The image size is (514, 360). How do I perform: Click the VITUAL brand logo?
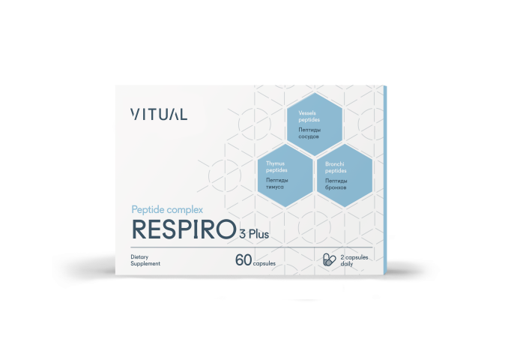click(159, 114)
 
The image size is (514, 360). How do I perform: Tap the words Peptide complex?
click(167, 210)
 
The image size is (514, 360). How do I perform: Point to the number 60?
click(244, 260)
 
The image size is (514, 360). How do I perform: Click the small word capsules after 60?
click(264, 263)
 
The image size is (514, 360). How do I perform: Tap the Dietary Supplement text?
click(145, 260)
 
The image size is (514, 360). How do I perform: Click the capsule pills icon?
click(330, 259)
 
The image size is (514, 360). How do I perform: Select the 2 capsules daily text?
click(354, 260)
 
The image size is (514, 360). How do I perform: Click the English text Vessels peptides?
click(309, 116)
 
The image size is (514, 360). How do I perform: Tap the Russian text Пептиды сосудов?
click(309, 133)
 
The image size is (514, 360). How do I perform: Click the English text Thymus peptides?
click(276, 166)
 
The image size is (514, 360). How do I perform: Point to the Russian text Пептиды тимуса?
click(277, 184)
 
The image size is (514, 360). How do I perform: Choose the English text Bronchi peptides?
click(336, 167)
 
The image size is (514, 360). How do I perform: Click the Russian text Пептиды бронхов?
click(336, 184)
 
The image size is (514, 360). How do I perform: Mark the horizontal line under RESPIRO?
click(252, 247)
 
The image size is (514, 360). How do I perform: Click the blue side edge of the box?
click(385, 180)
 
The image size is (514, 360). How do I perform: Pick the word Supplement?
click(145, 263)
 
